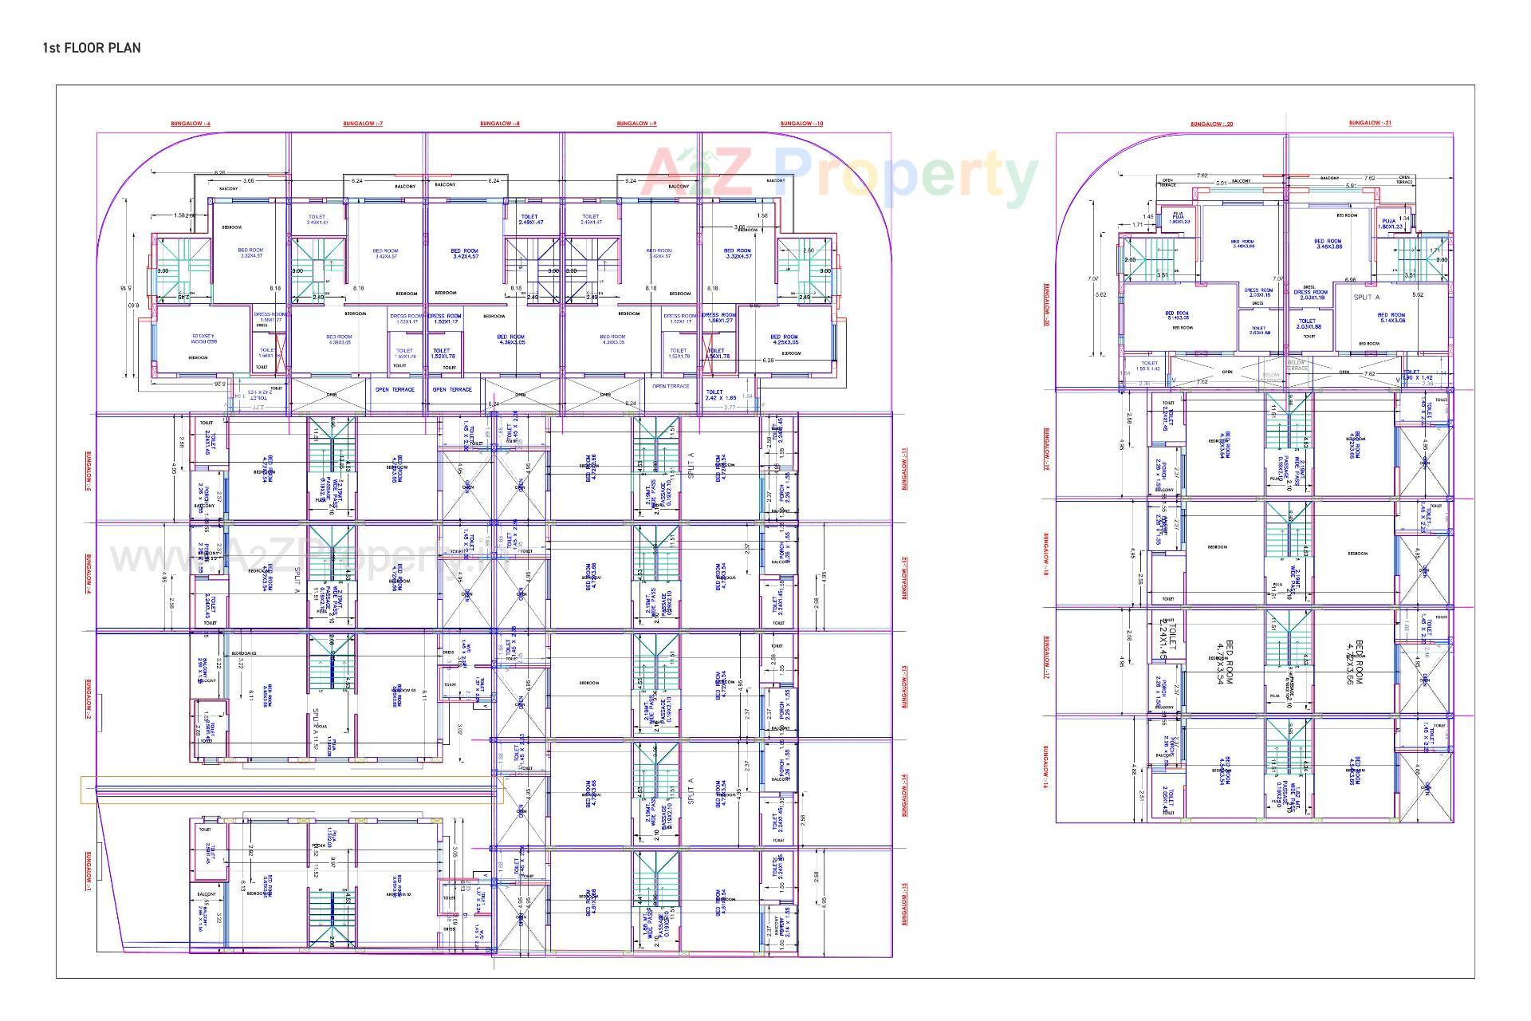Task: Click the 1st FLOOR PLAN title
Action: coord(92,48)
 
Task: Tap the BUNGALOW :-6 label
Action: coord(191,124)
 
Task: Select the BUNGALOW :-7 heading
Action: coord(363,124)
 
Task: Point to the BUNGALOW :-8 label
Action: coord(500,124)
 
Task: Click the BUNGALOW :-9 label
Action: coord(636,124)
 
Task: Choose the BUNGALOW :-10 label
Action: coord(801,124)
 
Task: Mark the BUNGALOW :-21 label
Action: coord(1370,123)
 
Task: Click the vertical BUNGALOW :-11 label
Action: coord(904,469)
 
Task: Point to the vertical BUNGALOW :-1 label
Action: coord(88,871)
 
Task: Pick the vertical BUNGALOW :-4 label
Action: coord(88,574)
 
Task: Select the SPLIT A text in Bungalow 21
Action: coord(1366,297)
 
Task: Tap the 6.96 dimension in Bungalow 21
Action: coord(1350,280)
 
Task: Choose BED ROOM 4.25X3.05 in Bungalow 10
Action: coord(784,340)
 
